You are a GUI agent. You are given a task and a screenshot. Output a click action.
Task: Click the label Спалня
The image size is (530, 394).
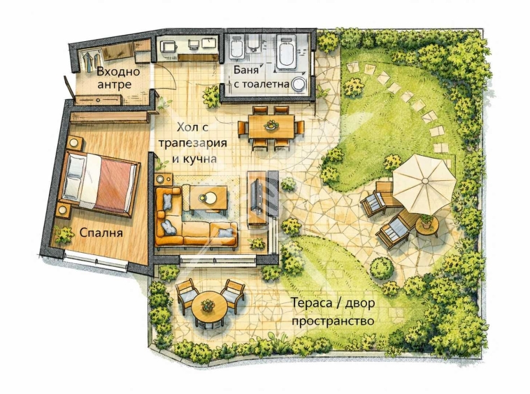(101, 233)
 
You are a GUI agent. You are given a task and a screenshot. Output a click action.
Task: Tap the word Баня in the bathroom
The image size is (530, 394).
(245, 71)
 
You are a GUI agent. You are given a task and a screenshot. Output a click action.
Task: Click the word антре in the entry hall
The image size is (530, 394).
(114, 84)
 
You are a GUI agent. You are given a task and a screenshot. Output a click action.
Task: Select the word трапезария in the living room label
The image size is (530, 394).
(193, 143)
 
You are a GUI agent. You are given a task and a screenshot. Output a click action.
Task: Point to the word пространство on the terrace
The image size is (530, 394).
(333, 321)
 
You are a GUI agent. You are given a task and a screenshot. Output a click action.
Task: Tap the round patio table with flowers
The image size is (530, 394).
(208, 307)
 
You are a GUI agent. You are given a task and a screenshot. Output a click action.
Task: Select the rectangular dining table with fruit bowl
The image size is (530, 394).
(271, 126)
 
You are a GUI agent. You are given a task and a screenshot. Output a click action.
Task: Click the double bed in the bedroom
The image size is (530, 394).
(99, 184)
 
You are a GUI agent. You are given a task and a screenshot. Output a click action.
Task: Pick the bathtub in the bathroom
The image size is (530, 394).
(286, 51)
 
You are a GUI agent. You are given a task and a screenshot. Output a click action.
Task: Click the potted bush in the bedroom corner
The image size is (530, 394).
(64, 235)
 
